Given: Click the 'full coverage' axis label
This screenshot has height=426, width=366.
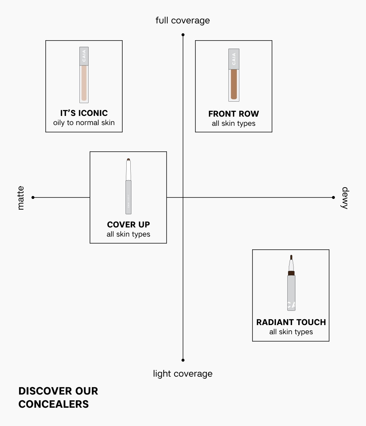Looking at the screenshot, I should pos(183,20).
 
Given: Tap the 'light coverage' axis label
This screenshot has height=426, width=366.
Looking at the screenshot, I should pos(183,374).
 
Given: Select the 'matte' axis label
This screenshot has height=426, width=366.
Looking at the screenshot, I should pos(20,198).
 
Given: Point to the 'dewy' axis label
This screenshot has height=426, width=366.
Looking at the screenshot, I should pos(345,198).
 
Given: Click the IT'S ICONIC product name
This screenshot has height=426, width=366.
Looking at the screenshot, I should pos(84,113).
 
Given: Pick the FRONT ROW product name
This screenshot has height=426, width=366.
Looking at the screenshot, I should pos(234,114).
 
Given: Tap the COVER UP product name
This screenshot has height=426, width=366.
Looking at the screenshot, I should pos(128,225).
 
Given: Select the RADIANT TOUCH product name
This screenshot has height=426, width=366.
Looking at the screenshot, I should pos(291,322).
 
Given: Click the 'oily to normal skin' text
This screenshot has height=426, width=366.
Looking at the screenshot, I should pos(84,123).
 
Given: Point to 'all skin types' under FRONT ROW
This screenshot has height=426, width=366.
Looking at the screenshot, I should pos(234,124).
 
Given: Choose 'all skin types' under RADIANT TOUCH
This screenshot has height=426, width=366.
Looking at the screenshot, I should pos(291,332).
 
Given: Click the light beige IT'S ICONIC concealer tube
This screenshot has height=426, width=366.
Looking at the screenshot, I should pos(84,75).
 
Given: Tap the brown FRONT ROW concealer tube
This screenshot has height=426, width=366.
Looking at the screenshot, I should pos(234,75).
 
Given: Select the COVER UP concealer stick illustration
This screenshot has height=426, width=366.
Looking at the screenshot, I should pos(128,186).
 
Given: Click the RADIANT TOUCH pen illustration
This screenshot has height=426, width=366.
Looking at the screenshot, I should pos(291,283).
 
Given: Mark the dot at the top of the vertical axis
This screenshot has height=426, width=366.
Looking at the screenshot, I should pos(183,35).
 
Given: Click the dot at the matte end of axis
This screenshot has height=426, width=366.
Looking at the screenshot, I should pos(33,197).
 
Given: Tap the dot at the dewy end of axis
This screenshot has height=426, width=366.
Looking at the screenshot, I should pos(333,197).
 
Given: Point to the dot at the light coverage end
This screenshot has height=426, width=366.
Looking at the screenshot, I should pos(183,360).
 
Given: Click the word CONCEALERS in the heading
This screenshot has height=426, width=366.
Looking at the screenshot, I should pos(54,404).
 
